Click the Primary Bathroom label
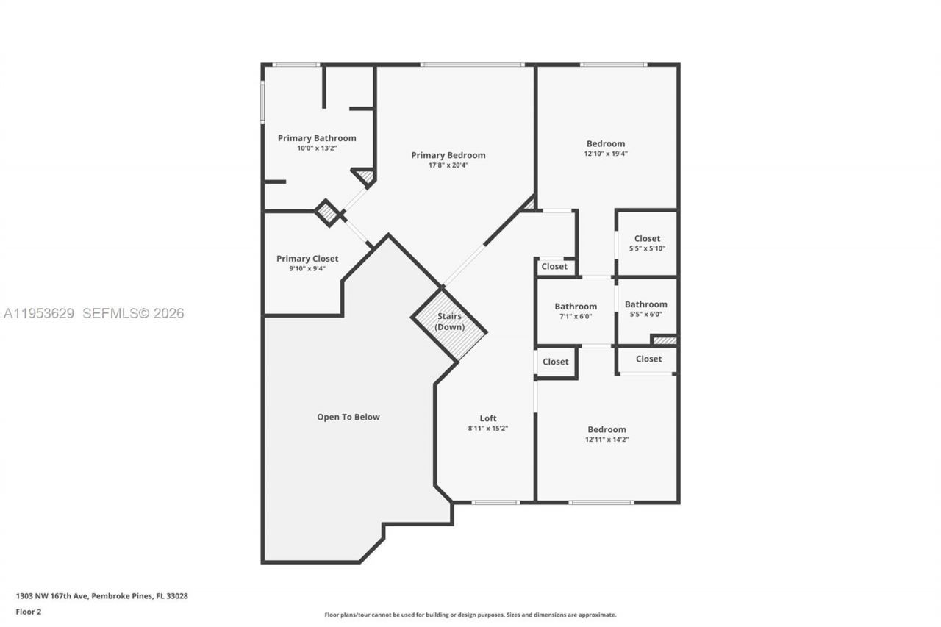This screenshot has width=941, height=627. click(317, 138)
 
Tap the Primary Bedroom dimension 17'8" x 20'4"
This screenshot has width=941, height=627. click(448, 165)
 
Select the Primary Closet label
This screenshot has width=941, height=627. click(307, 259)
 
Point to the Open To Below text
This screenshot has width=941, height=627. click(348, 417)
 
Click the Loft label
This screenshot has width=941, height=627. click(488, 418)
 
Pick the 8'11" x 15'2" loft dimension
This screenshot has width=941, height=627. click(488, 429)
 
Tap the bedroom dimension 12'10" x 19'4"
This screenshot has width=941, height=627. click(606, 154)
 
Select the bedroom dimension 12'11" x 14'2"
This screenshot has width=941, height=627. click(607, 440)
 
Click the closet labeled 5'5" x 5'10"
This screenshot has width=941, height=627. click(647, 243)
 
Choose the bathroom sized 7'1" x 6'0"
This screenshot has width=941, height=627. click(576, 312)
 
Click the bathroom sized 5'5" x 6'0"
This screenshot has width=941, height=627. click(646, 309)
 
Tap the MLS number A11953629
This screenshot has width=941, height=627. click(39, 314)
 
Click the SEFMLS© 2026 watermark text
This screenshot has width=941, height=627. click(133, 314)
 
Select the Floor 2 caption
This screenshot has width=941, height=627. click(29, 611)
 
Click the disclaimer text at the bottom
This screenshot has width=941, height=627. click(470, 615)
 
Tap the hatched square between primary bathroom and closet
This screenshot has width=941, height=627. click(328, 213)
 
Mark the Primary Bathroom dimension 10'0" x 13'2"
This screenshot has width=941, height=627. click(317, 148)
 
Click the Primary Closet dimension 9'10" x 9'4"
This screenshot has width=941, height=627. click(307, 268)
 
